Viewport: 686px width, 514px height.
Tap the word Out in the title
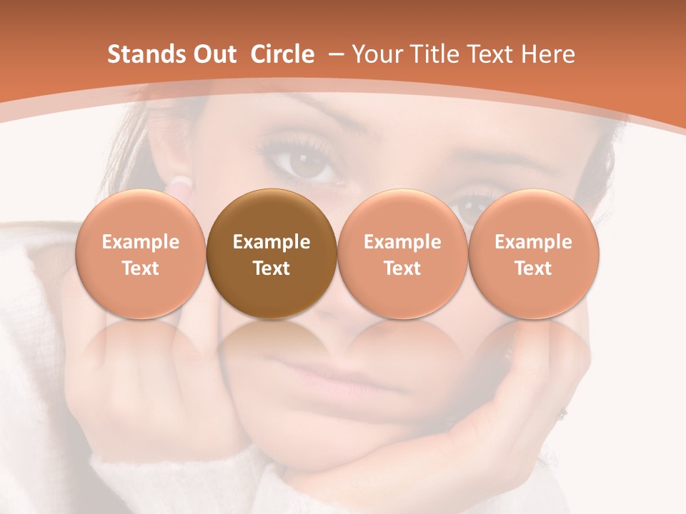(213, 54)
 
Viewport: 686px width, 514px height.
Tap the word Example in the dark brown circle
(272, 242)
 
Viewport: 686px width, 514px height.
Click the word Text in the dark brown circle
(272, 268)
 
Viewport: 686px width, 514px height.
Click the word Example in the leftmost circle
(141, 242)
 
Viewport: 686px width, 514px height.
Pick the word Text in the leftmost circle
(141, 268)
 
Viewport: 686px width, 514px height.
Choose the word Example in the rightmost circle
(533, 242)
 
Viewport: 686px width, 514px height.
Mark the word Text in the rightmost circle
(533, 268)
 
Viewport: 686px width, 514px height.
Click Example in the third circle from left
(402, 242)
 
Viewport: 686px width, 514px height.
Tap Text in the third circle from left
(402, 268)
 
